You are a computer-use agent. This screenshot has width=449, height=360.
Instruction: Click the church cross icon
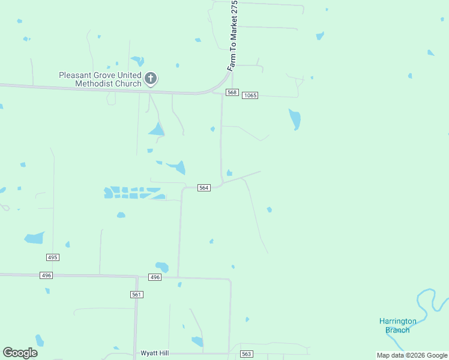[151, 78]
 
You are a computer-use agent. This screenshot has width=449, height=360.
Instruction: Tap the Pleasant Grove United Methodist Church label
[100, 79]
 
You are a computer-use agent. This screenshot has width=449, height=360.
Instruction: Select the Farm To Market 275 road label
[234, 36]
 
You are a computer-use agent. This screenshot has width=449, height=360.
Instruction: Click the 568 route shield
[232, 92]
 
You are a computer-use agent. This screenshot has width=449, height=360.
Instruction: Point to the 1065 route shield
[250, 95]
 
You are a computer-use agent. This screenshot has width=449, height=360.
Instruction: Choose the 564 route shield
[203, 188]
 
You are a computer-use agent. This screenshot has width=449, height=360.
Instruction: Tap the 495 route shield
[52, 257]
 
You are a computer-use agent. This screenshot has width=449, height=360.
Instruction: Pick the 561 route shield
[136, 294]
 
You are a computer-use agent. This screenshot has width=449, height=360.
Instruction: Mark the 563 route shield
[246, 354]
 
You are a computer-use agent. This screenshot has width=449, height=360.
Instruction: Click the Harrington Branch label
[397, 325]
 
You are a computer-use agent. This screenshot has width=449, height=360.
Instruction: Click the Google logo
[20, 353]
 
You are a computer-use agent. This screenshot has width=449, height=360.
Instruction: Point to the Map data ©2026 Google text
[411, 355]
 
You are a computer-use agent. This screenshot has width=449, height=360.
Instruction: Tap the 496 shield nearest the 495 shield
[46, 275]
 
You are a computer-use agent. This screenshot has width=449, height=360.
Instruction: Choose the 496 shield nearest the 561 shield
[155, 277]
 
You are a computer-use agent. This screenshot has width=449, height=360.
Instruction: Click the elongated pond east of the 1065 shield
[295, 119]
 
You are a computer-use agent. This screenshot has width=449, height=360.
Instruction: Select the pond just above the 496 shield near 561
[162, 267]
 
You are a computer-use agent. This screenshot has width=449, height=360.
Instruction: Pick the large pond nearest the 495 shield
[34, 238]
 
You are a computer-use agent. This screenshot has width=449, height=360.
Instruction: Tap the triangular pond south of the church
[157, 129]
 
